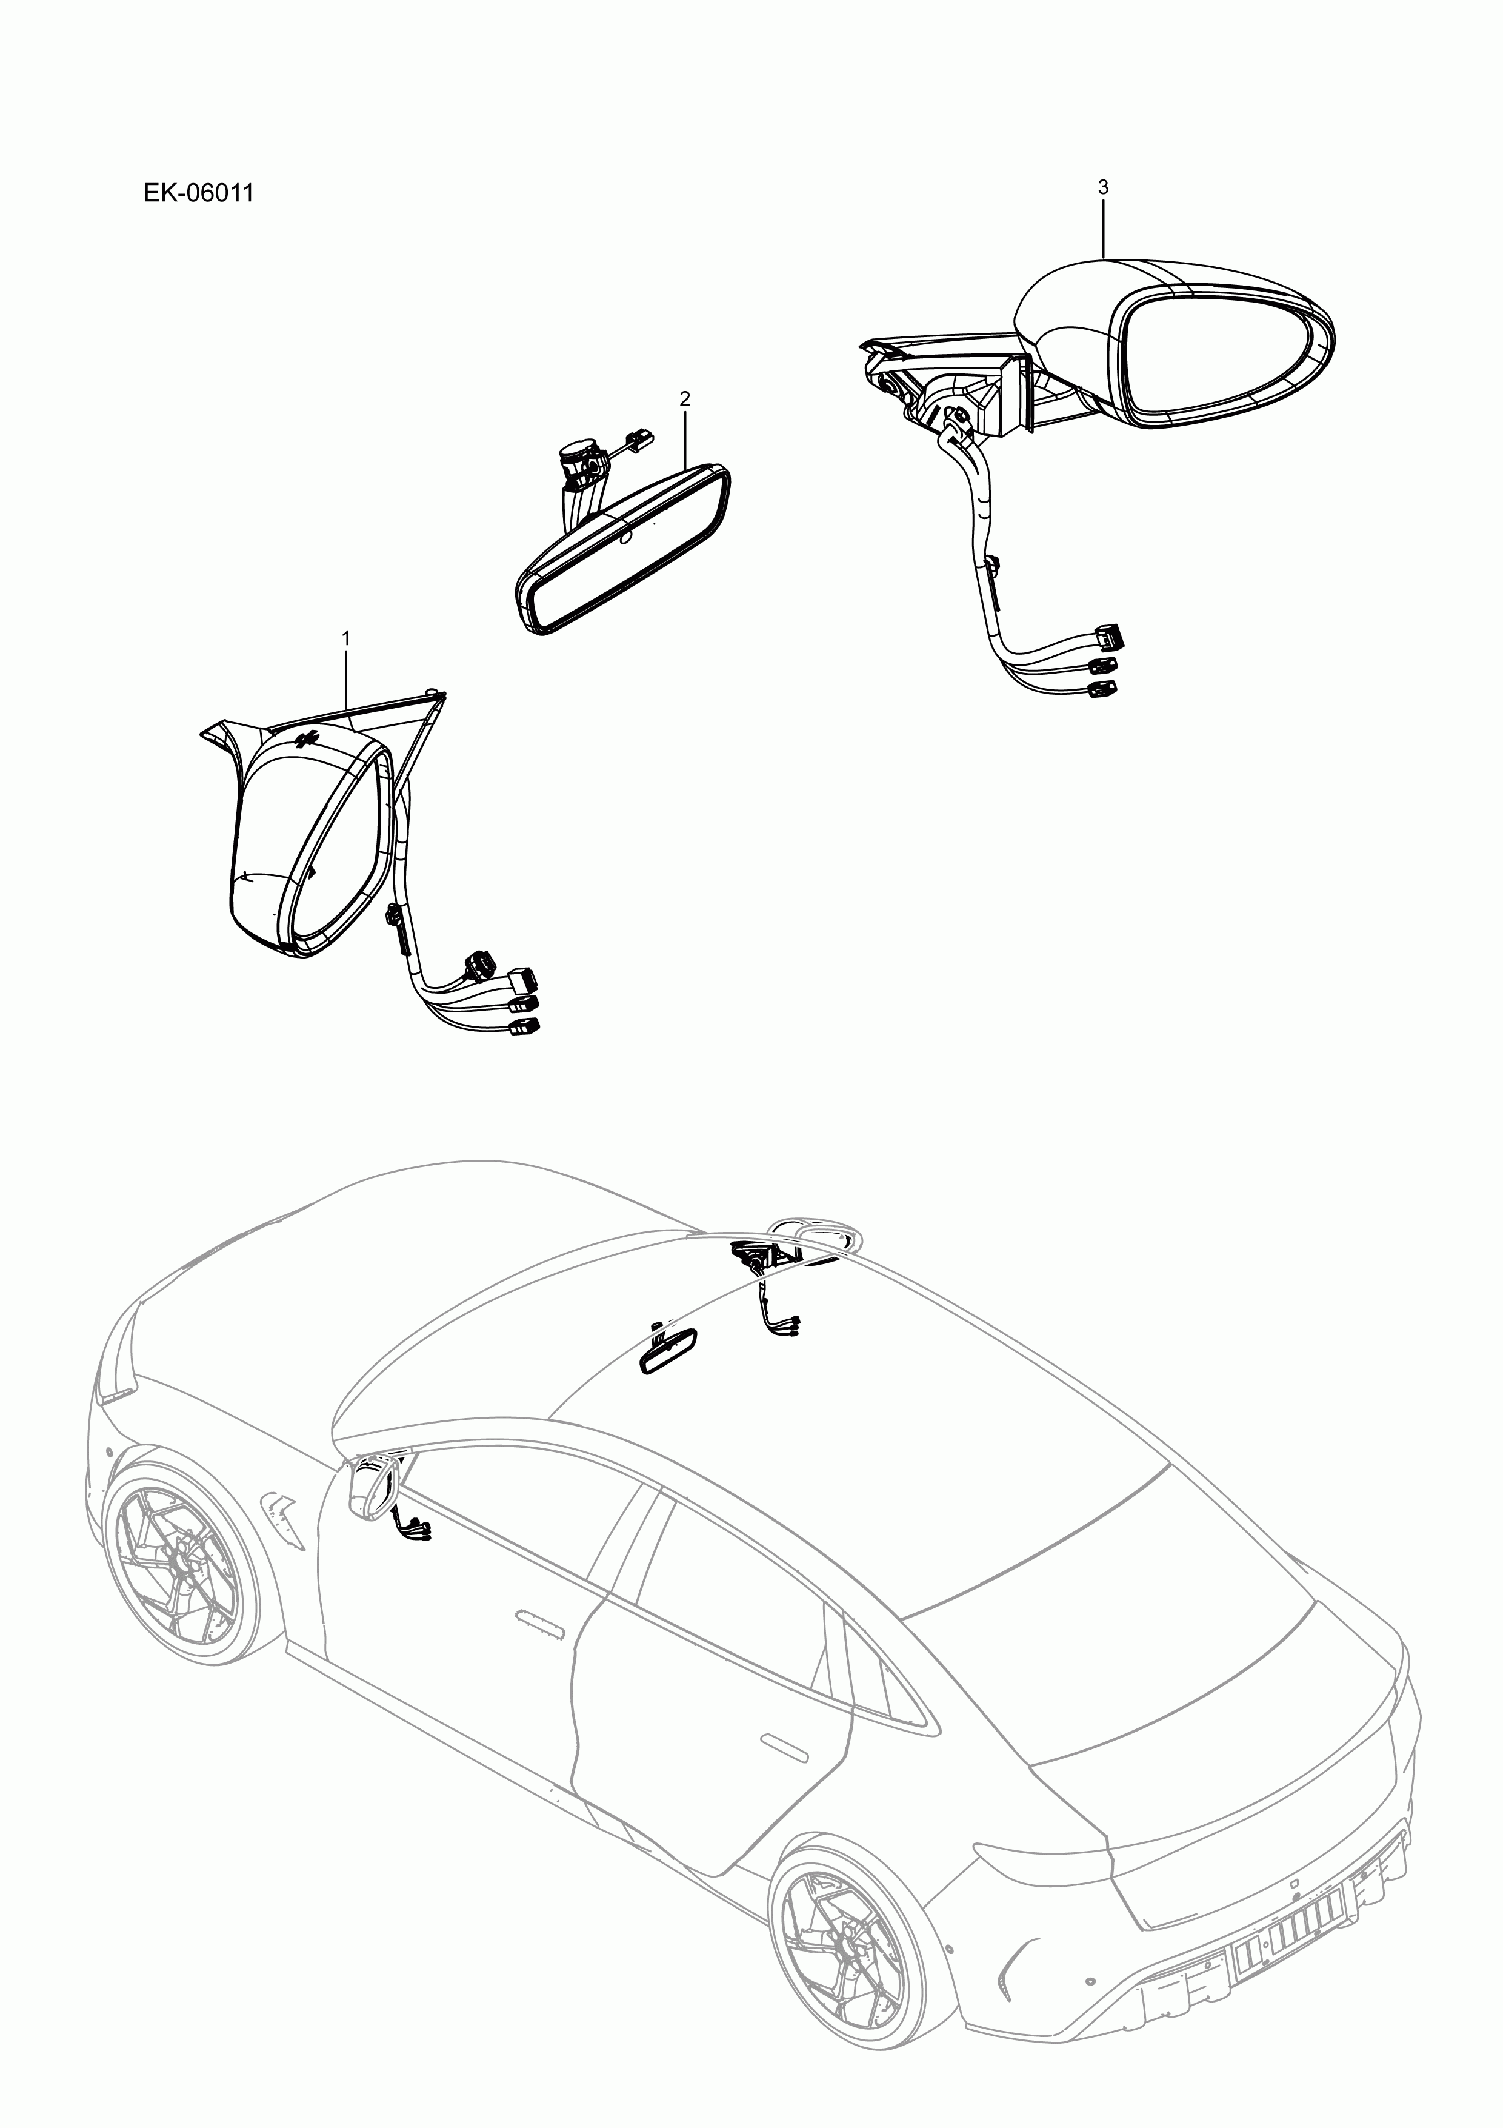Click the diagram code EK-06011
click(198, 194)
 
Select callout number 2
click(685, 400)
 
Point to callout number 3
click(1102, 187)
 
